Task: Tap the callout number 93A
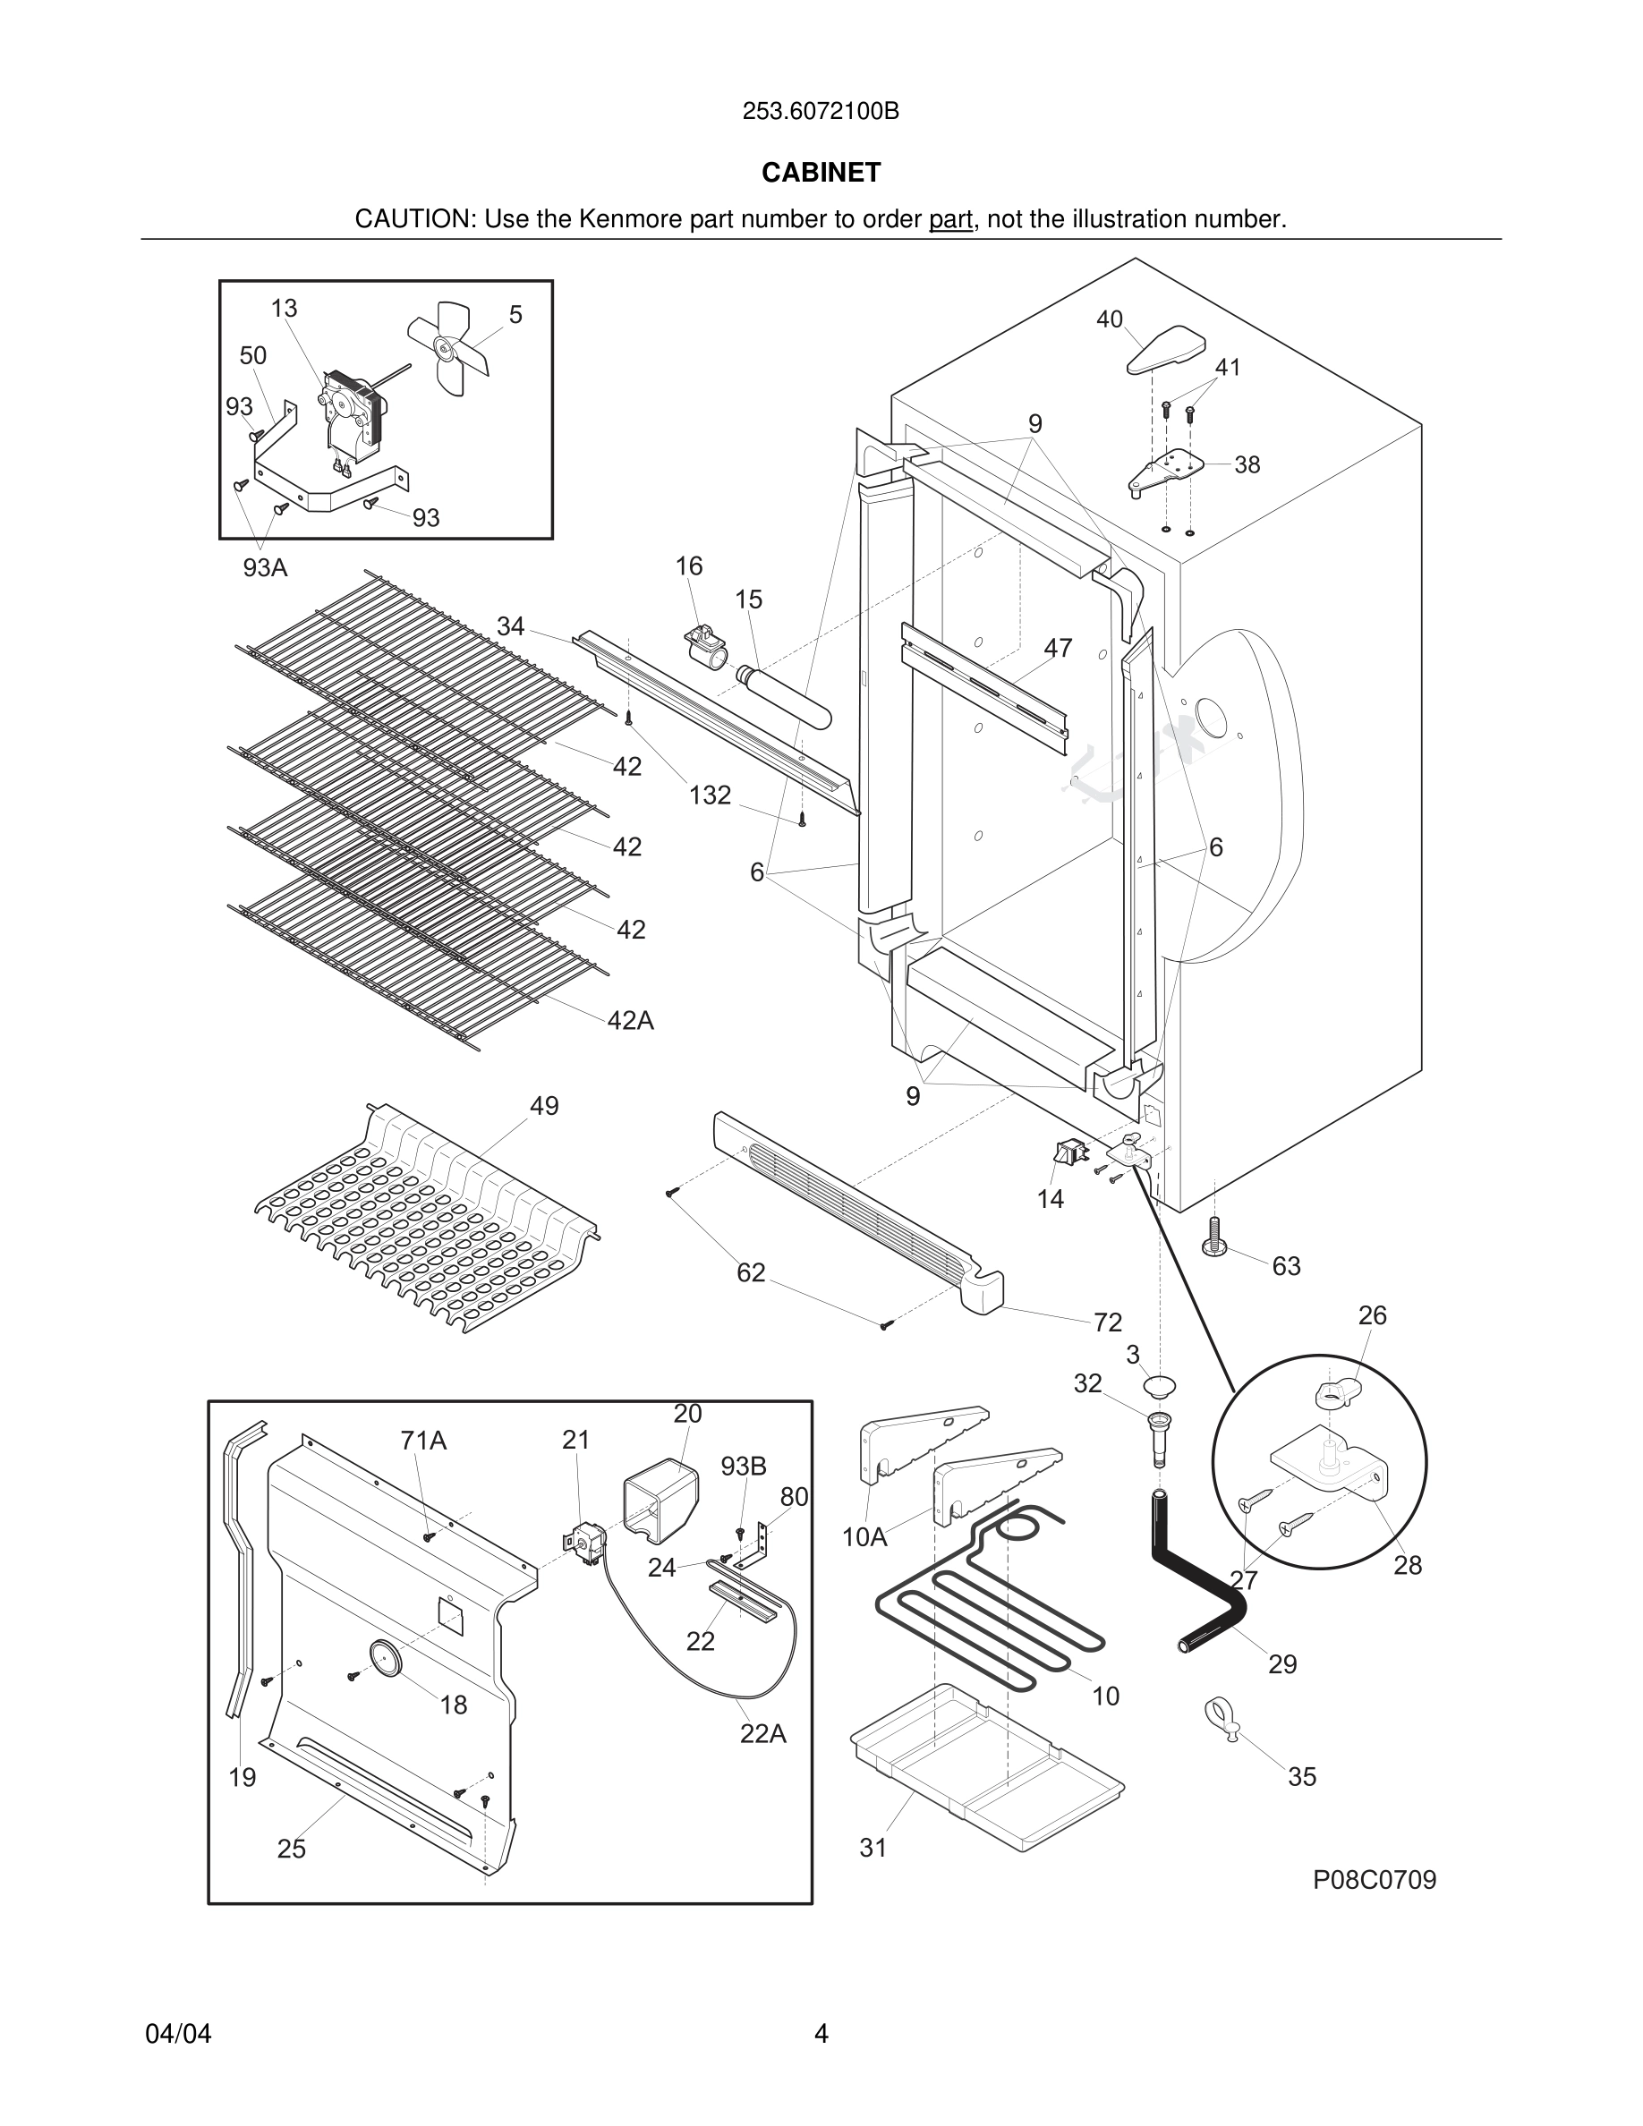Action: [265, 567]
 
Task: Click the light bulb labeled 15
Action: [784, 694]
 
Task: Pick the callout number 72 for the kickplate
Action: [1108, 1322]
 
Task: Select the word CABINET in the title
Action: [821, 173]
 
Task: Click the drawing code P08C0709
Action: [1374, 1880]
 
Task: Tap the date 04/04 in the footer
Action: [178, 2034]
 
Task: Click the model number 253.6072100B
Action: [821, 112]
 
